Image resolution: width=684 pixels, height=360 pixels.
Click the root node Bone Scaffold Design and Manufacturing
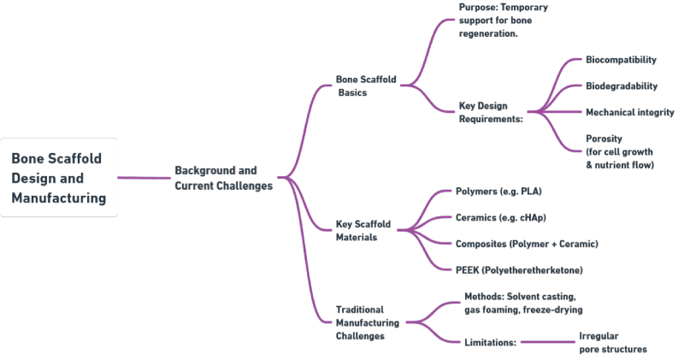click(x=58, y=178)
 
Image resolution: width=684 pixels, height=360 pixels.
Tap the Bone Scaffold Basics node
click(x=366, y=86)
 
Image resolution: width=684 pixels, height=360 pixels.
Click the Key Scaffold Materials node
click(x=363, y=230)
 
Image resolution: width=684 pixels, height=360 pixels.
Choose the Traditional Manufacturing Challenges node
click(x=367, y=322)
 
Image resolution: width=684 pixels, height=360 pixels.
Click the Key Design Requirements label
click(x=491, y=112)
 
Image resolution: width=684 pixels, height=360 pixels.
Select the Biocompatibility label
click(x=621, y=60)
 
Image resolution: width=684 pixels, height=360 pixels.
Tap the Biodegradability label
click(x=622, y=86)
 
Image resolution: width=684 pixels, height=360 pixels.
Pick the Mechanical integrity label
click(x=629, y=112)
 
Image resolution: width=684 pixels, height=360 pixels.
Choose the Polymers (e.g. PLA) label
click(x=498, y=192)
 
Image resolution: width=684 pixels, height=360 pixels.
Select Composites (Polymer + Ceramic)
click(x=527, y=244)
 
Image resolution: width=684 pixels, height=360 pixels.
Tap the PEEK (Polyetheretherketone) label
click(x=519, y=270)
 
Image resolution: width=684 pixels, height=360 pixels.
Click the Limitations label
click(x=490, y=342)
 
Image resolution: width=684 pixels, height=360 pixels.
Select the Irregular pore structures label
click(x=612, y=342)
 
